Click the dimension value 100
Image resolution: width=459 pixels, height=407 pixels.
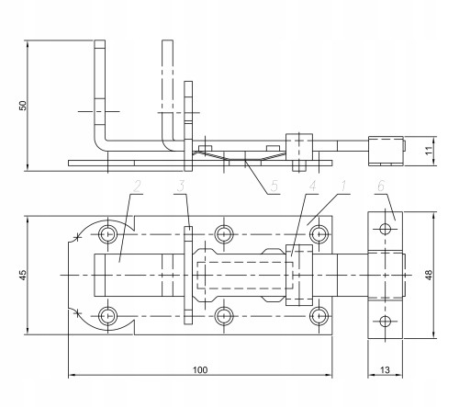(x=200, y=370)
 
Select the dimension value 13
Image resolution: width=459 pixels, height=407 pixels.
(x=385, y=370)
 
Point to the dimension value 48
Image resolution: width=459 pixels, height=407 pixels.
(x=429, y=275)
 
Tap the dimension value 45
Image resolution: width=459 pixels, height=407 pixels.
(x=23, y=275)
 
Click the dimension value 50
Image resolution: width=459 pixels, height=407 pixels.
(x=23, y=106)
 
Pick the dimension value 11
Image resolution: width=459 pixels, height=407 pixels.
(x=429, y=151)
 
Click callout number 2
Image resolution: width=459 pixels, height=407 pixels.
(x=137, y=187)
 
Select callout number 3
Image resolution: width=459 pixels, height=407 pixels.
(x=181, y=187)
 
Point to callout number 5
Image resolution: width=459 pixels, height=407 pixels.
(x=274, y=186)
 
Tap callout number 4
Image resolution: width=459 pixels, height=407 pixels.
(x=312, y=186)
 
